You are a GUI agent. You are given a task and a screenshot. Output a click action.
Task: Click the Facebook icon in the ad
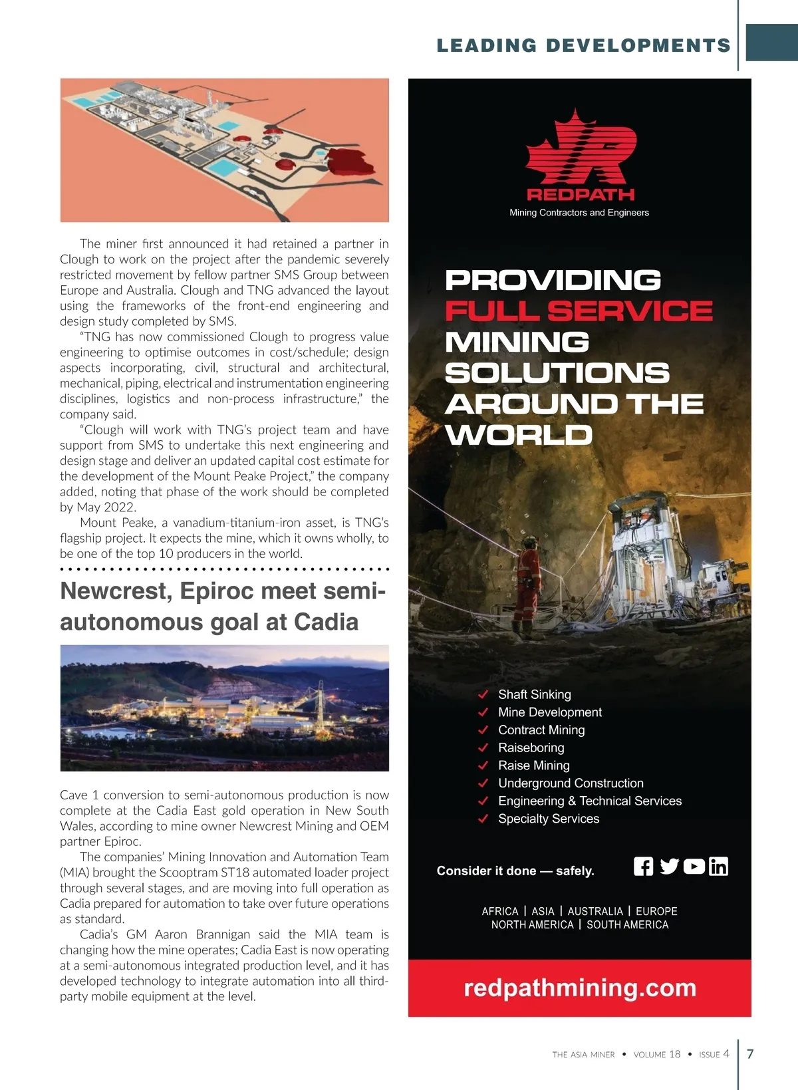pos(643,867)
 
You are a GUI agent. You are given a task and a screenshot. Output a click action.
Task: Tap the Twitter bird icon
pos(669,867)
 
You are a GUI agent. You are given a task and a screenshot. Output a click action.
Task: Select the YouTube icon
pos(694,867)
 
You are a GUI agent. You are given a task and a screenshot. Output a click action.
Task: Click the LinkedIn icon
pos(718,867)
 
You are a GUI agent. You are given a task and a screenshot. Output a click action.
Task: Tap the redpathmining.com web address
pos(580,988)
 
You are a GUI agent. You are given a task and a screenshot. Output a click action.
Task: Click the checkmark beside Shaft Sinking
pos(483,694)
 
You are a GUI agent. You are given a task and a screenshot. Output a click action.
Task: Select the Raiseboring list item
pos(531,748)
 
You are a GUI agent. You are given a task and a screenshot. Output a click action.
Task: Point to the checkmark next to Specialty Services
pos(483,819)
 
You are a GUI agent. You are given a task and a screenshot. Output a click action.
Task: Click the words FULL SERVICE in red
pos(579,311)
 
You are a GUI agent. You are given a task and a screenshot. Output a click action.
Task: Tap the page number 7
pos(751,1053)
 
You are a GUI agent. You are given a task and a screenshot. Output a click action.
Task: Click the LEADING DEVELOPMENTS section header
pos(583,45)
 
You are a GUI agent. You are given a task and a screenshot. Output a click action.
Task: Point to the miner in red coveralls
pos(529,585)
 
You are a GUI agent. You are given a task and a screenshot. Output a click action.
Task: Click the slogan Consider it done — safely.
pos(515,871)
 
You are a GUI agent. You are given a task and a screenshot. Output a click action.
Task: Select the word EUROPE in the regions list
pos(656,911)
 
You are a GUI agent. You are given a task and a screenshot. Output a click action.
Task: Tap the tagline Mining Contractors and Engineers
pos(579,213)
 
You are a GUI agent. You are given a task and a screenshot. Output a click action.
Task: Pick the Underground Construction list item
pos(571,783)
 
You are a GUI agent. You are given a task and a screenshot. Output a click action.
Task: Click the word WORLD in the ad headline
pos(519,435)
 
